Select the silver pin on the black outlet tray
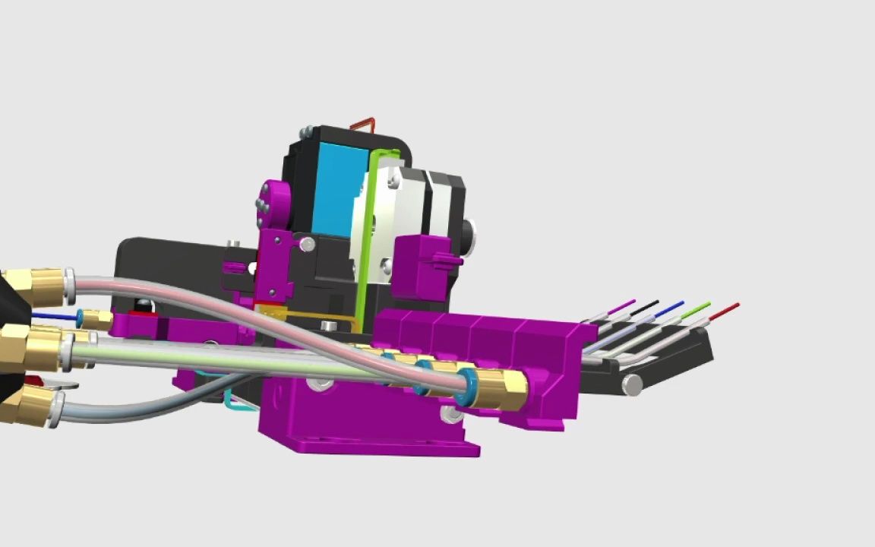coord(632,385)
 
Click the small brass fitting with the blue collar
coord(95,318)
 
